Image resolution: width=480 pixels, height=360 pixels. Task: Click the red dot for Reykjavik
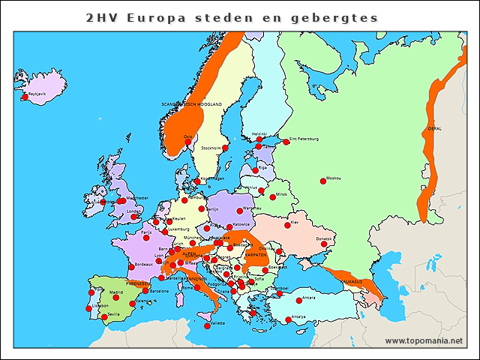click(x=25, y=97)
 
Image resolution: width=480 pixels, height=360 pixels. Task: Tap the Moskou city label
click(x=334, y=178)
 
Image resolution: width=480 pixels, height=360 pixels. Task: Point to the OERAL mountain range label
click(x=434, y=128)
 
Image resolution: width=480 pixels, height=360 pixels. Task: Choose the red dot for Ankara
click(x=299, y=300)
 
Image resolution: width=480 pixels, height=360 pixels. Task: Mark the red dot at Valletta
click(x=207, y=325)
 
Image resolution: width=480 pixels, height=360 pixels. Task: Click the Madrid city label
click(x=116, y=292)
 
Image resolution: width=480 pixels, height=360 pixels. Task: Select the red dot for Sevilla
click(x=104, y=317)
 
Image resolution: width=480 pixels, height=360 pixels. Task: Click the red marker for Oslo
click(x=188, y=142)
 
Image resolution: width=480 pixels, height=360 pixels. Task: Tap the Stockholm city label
click(x=211, y=148)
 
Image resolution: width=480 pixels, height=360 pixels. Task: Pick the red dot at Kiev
click(x=286, y=225)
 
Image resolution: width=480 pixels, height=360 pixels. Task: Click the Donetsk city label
click(x=324, y=238)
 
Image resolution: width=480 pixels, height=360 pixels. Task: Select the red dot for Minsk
click(x=273, y=196)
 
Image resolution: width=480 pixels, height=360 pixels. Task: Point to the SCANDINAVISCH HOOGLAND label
click(x=193, y=103)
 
